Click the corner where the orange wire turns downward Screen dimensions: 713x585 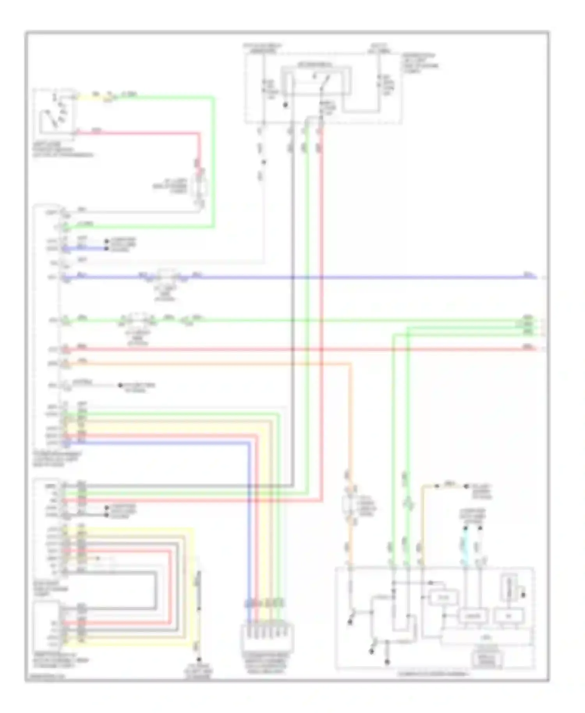coord(349,364)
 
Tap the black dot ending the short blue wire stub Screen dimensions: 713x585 coord(106,248)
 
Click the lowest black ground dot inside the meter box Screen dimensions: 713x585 coord(387,662)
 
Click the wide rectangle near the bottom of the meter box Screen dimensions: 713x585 coord(487,637)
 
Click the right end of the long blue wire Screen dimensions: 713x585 coord(535,277)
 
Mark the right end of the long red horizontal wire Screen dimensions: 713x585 coord(535,349)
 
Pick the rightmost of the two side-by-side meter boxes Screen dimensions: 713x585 coord(509,616)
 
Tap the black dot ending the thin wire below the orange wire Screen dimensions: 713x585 coord(121,385)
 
